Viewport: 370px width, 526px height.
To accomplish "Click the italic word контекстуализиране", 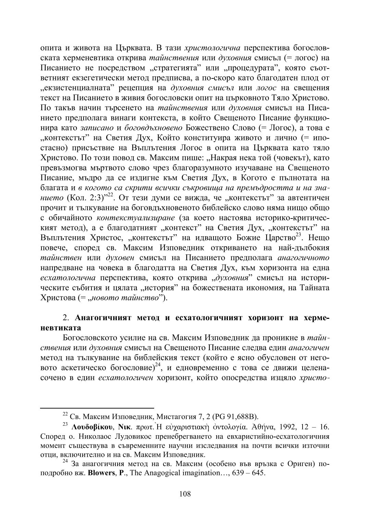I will pyautogui.click(x=137, y=217).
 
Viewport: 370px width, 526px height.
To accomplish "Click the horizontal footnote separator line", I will pyautogui.click(x=97, y=408).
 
